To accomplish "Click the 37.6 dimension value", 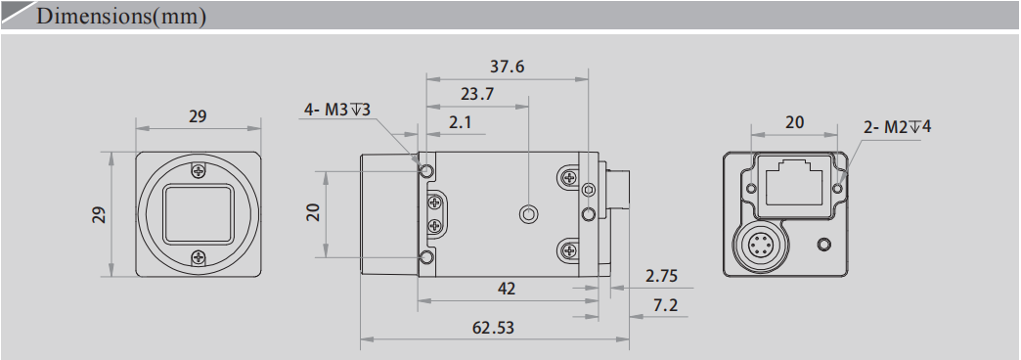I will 507,67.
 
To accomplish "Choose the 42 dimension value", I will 507,289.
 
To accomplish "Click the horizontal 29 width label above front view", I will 198,115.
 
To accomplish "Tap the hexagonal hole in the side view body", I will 529,214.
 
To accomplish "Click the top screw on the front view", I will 199,170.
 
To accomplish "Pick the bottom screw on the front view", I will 199,257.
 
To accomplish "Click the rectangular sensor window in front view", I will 199,213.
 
